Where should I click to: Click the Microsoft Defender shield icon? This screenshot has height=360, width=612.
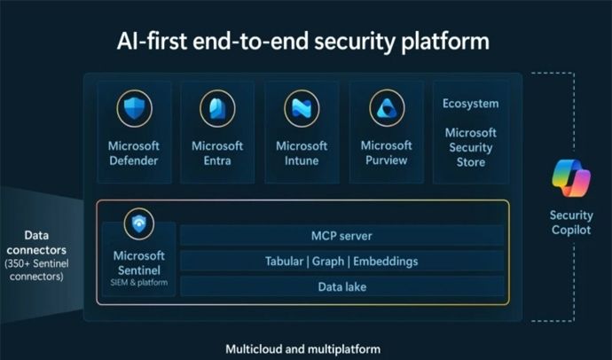(134, 108)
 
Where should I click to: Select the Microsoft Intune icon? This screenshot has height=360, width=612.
(302, 108)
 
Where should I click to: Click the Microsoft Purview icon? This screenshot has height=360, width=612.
(386, 108)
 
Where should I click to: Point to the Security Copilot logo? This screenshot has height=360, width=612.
(570, 178)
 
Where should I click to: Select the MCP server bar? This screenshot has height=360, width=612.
(342, 236)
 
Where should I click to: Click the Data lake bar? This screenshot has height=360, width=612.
(342, 286)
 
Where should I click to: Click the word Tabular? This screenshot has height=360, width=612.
(286, 262)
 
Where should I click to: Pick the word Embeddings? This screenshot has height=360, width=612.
(386, 262)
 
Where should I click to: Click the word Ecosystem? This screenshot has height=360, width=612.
(470, 104)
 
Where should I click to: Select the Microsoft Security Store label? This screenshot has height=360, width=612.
(470, 147)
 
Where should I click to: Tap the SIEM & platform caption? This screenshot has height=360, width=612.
(139, 283)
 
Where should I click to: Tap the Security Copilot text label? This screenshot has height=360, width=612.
(570, 223)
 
